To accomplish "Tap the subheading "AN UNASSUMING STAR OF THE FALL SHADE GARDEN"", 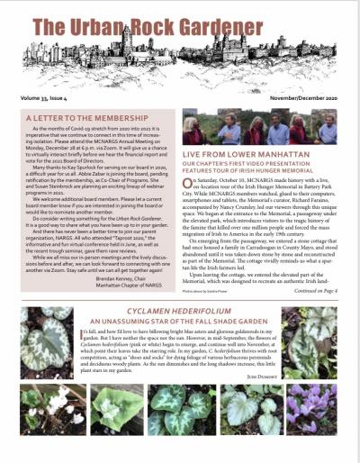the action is [180, 319].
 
